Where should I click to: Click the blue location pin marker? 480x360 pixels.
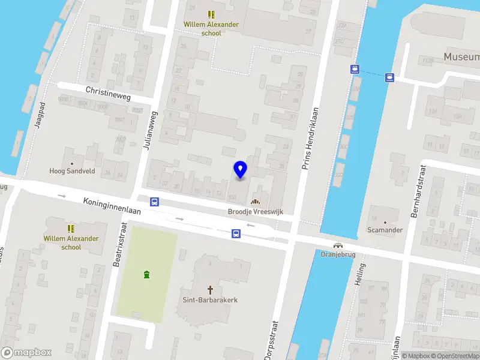[x=240, y=170]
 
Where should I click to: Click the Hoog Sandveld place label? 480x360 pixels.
[x=72, y=171]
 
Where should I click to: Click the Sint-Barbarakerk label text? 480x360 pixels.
[x=210, y=299]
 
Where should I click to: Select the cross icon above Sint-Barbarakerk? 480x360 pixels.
[x=211, y=289]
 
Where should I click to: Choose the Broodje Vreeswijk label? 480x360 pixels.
[x=256, y=212]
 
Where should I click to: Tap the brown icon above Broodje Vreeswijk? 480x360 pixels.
[x=256, y=202]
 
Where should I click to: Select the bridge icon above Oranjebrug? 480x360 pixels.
[x=338, y=245]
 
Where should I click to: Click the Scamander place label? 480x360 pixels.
[x=385, y=230]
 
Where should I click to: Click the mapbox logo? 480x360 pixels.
[x=26, y=352]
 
